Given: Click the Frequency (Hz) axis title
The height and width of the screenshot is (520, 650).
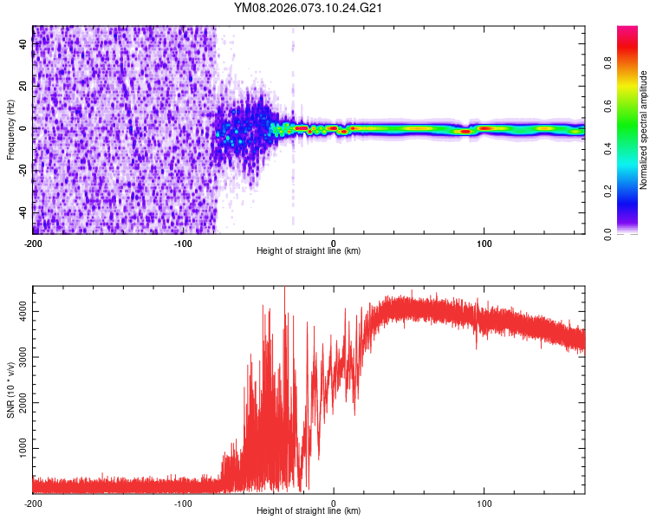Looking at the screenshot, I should (10, 130).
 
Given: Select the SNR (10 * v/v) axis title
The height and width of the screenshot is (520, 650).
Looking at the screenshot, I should (10, 389).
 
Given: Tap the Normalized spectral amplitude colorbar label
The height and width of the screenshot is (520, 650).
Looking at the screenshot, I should (644, 130).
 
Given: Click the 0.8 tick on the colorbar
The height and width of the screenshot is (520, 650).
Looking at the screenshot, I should (608, 62).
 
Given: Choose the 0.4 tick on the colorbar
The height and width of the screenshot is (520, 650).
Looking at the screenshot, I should (608, 148).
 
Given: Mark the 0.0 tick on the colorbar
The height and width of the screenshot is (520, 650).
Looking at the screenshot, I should (608, 233).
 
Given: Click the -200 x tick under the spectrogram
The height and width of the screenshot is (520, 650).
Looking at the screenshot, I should (33, 242).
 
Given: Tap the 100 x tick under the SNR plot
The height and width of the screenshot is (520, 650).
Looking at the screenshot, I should (484, 502).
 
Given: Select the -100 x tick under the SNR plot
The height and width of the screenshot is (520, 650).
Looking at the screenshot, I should (183, 502).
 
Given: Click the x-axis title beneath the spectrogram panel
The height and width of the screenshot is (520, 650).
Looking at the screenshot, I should (309, 251).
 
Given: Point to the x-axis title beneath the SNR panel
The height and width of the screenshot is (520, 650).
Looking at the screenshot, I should (309, 511).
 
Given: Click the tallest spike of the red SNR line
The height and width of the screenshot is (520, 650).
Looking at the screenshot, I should (285, 289).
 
